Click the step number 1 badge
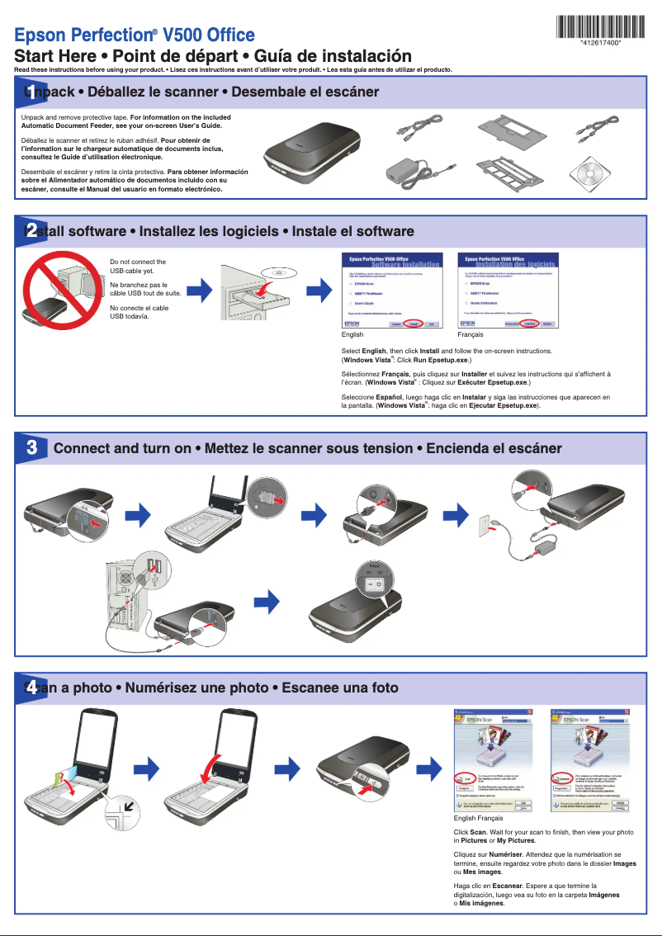(31, 91)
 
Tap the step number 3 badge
(31, 448)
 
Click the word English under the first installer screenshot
(352, 335)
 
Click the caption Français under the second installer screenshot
(470, 335)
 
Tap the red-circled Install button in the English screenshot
(414, 324)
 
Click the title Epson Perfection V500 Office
(135, 35)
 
